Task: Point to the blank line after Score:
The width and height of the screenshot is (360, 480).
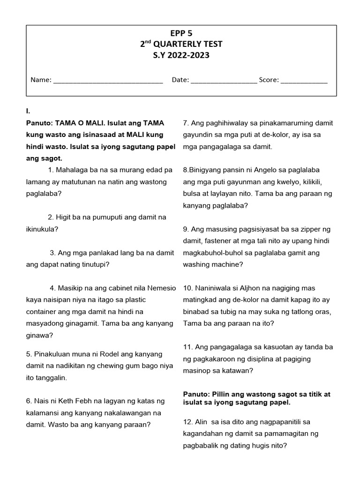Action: [x=304, y=80]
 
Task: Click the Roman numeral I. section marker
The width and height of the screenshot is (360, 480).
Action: [x=28, y=111]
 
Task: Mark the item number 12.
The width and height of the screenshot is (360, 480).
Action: [x=187, y=422]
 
